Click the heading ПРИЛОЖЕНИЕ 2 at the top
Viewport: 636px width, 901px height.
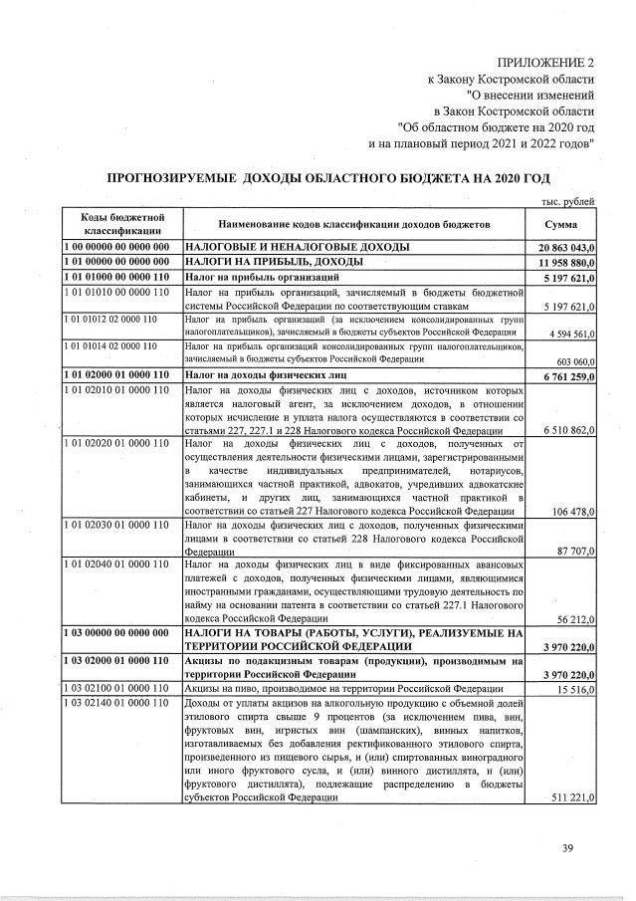pos(542,63)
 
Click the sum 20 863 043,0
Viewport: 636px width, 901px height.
pos(564,246)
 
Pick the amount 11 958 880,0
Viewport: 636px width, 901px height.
pos(564,261)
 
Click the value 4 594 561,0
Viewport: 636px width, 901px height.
pos(567,333)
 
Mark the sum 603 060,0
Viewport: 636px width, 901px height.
pos(574,359)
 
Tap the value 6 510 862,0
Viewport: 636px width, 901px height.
pos(567,429)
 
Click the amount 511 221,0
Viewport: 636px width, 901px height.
pos(571,797)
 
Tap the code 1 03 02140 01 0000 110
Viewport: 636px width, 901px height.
pos(116,705)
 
